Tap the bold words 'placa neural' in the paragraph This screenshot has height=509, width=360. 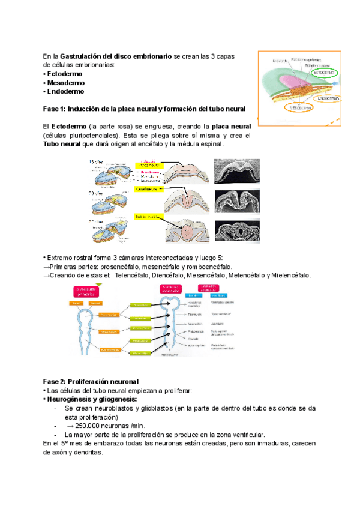[x=231, y=127]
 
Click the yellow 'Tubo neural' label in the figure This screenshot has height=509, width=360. [x=147, y=216]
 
